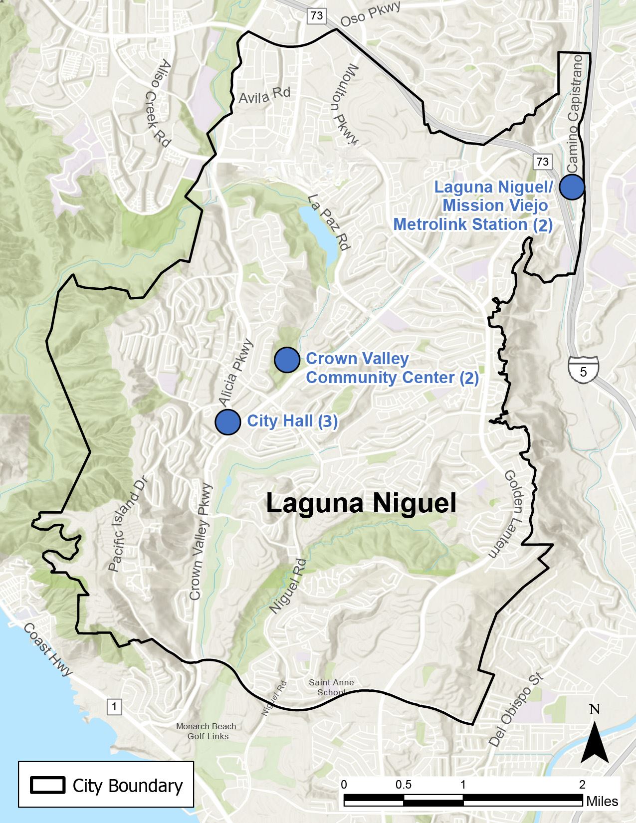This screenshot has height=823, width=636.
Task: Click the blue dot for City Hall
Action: tap(228, 421)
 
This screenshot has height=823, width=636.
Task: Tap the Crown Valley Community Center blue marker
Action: tap(287, 360)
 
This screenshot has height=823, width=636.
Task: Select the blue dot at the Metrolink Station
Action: tap(572, 187)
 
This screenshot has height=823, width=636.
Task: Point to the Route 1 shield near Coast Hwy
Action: tap(114, 706)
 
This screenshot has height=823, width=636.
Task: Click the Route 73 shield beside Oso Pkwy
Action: tap(316, 15)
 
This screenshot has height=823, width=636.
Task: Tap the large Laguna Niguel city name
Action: tap(361, 503)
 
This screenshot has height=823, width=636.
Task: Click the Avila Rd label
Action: tap(264, 95)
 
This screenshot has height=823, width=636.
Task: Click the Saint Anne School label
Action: tap(331, 687)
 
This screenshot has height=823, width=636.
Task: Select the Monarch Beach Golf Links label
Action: tap(206, 731)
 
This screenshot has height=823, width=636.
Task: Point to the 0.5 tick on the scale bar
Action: tap(404, 785)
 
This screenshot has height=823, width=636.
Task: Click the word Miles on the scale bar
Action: tap(602, 801)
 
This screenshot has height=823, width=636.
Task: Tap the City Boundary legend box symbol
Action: tap(48, 785)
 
